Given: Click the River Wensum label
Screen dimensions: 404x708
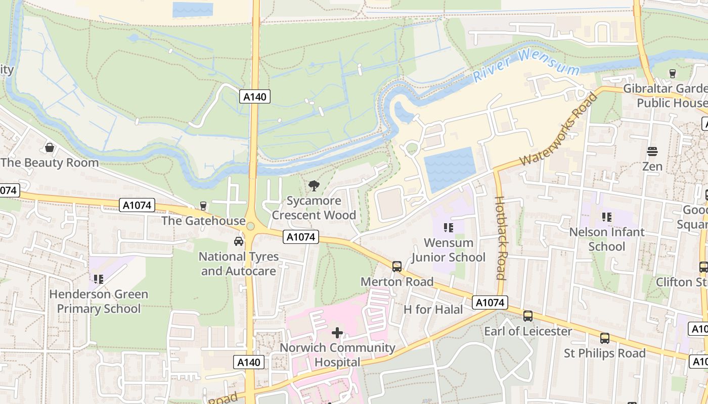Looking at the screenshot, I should [526, 66].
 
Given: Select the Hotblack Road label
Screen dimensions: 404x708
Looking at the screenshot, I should [500, 237].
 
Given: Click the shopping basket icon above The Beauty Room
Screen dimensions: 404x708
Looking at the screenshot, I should [50, 147].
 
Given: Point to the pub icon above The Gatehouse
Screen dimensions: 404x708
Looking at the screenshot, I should [203, 206].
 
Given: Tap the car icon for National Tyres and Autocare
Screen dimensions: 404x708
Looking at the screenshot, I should [239, 241].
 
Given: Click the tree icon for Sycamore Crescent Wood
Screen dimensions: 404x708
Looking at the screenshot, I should [314, 185].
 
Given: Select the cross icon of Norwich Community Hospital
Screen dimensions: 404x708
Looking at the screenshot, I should [337, 333].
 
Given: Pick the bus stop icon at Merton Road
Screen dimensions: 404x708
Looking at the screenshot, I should [397, 266].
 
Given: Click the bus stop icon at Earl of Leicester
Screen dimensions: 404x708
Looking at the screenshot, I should [528, 316].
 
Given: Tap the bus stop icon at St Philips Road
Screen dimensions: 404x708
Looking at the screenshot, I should [605, 338].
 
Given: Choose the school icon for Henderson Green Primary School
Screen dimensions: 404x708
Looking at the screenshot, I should [99, 279].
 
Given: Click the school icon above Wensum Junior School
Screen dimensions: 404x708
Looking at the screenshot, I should [448, 228].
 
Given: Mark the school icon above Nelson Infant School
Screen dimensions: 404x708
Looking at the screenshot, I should [607, 217].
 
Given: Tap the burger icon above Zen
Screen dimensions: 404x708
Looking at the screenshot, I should [652, 151].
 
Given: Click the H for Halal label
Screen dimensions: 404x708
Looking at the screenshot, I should [433, 309].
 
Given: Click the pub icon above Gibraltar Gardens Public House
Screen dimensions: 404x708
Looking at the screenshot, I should [672, 73].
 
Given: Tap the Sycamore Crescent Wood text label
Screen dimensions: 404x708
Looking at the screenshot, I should [314, 208].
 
